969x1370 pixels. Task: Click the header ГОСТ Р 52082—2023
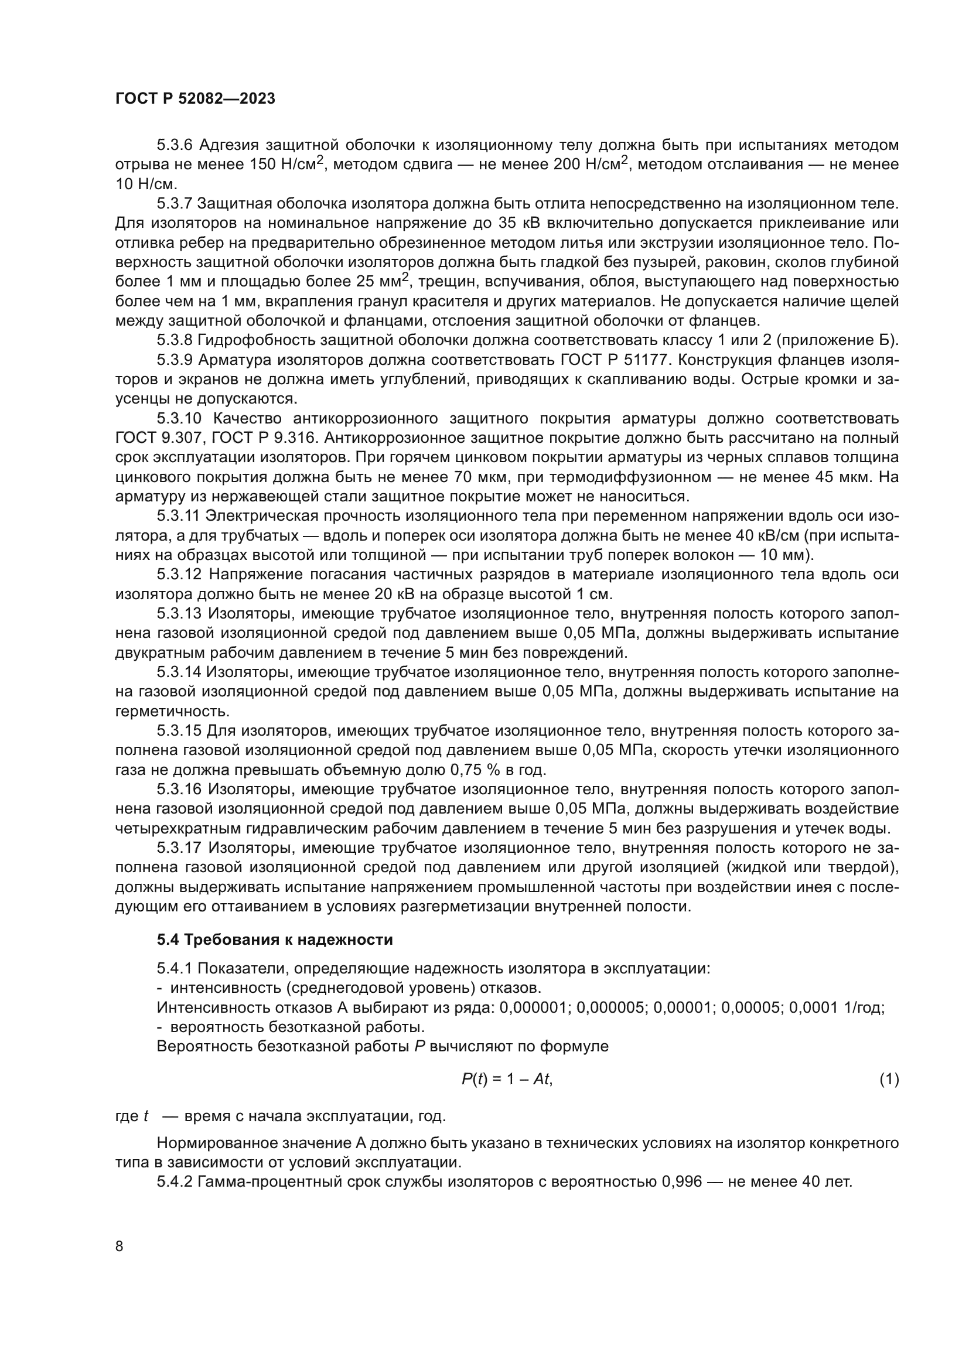coord(195,99)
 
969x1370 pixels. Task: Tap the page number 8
coord(120,1246)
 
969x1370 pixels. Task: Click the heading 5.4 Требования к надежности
coord(274,939)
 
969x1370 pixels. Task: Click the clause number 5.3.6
coord(175,145)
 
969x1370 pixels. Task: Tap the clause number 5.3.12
coord(179,575)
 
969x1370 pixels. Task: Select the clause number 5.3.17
coord(179,848)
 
